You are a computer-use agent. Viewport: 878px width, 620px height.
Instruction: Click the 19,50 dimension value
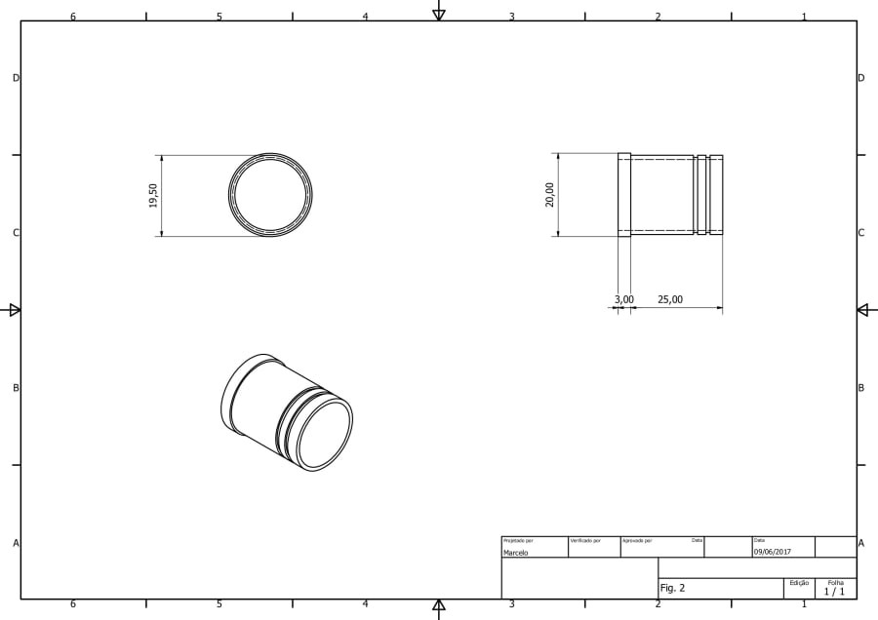(x=153, y=195)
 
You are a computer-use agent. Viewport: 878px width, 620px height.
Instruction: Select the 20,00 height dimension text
(x=550, y=194)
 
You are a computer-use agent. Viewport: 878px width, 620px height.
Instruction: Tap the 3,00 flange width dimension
(x=624, y=300)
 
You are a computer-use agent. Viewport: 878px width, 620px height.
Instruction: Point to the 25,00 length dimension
(x=670, y=300)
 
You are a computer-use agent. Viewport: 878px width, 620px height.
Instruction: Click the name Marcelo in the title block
(x=516, y=553)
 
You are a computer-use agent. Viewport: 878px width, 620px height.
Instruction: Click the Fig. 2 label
(x=673, y=588)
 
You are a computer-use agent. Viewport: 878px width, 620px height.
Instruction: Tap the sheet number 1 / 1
(x=834, y=592)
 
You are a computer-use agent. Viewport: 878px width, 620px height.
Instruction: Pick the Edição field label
(x=799, y=583)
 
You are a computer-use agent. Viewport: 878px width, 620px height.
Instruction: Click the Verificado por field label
(x=585, y=540)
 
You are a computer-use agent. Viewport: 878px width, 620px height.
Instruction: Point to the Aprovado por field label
(x=637, y=540)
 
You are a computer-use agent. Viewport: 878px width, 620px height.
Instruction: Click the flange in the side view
(x=624, y=195)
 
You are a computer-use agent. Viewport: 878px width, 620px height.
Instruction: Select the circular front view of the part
(x=270, y=195)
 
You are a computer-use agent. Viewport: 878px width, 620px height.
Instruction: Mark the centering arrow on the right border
(x=862, y=310)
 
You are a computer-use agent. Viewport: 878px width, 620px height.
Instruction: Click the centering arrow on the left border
(x=15, y=310)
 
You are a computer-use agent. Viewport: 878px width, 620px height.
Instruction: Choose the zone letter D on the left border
(x=15, y=78)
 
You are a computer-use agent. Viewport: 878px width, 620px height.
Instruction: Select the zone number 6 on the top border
(x=72, y=17)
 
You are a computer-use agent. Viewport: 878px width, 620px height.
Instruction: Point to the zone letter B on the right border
(x=860, y=388)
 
